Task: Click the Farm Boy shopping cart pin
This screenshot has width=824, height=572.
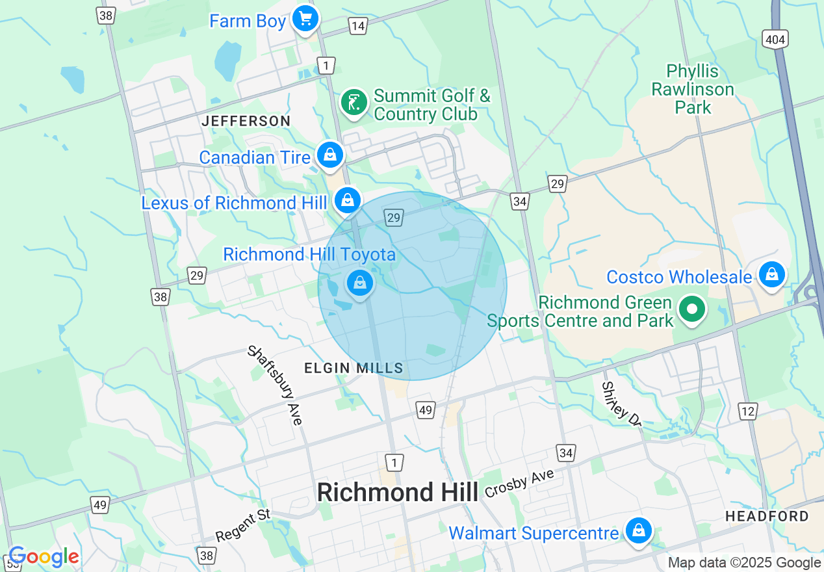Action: tap(305, 19)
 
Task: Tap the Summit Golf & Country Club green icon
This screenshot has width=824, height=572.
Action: tap(354, 103)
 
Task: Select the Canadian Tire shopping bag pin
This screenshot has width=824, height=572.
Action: tap(330, 155)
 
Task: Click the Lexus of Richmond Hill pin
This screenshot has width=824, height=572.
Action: tap(348, 200)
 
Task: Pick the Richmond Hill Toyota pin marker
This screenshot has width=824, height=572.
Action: tap(359, 283)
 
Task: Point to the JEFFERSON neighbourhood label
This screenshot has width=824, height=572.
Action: tap(246, 121)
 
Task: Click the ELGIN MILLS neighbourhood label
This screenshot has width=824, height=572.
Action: tap(354, 369)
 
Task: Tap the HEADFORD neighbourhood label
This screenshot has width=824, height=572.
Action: tap(767, 516)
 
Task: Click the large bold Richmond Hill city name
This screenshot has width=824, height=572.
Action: tap(397, 492)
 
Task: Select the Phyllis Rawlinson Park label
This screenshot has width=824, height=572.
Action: tap(693, 89)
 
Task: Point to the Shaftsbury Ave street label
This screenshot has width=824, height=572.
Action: tap(276, 385)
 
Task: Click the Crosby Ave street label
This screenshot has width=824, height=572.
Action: tap(519, 484)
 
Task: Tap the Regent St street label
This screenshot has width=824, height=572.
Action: tap(243, 526)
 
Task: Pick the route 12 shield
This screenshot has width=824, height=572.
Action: tap(748, 411)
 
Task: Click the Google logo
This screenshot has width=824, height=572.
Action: tap(44, 557)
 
